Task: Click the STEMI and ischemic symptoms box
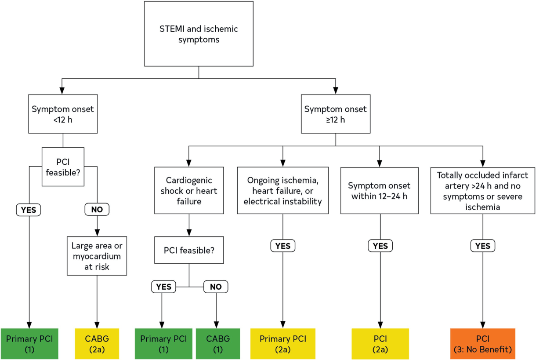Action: [199, 34]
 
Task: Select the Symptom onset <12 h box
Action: [63, 114]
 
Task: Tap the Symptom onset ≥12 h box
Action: [336, 114]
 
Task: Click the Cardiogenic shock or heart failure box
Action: [189, 190]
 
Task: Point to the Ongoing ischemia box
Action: [283, 190]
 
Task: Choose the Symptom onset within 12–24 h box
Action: [380, 190]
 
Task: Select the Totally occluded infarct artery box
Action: [483, 190]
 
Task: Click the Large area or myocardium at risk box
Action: [97, 256]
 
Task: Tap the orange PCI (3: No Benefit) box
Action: [483, 344]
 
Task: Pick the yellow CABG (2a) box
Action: [97, 344]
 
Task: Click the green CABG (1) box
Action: [218, 344]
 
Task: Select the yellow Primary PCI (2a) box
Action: [283, 344]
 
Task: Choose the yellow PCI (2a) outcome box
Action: [380, 344]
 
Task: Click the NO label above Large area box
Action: [97, 209]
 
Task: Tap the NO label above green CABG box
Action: [216, 287]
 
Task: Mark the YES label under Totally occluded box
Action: [483, 246]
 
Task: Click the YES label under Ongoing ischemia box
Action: [283, 246]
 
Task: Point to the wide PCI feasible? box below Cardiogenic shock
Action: [189, 250]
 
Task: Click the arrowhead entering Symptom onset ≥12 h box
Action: [336, 91]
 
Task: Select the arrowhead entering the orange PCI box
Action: [483, 325]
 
